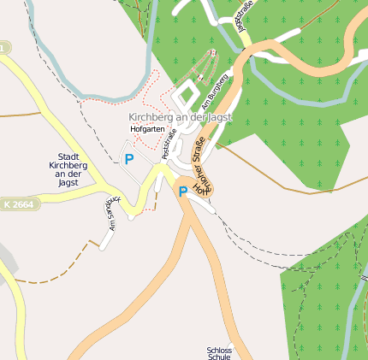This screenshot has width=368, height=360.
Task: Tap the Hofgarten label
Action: [146, 129]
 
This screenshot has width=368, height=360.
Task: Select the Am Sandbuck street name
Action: [110, 214]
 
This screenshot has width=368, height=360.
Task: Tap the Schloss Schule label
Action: [219, 354]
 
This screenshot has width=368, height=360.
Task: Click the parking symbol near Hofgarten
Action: [129, 158]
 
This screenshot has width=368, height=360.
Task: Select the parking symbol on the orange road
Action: [182, 192]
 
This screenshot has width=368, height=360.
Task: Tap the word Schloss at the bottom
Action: [219, 350]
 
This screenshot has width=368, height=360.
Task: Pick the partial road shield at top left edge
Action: [4, 50]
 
